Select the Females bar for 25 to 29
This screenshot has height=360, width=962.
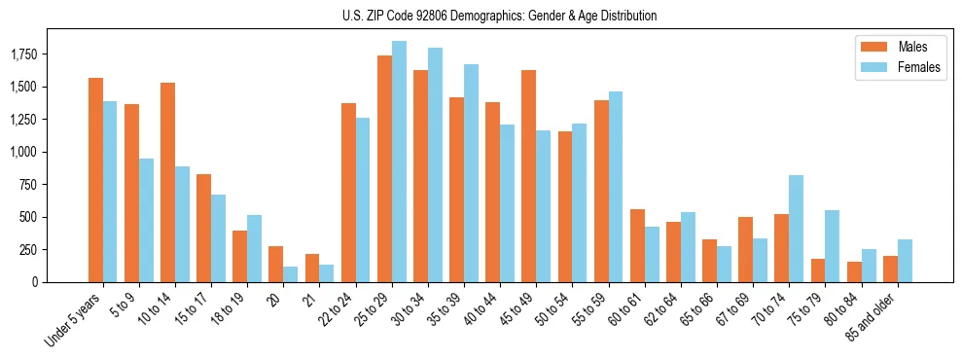399,162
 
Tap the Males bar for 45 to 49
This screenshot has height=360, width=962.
529,176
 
